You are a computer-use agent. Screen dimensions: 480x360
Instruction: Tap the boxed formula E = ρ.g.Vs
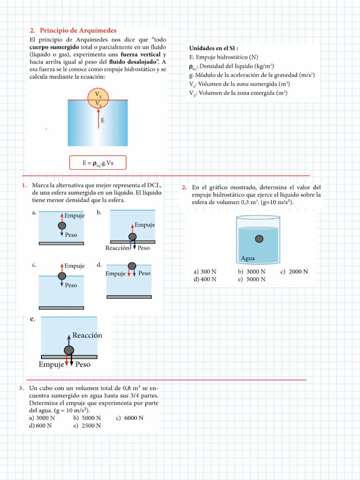point(97,163)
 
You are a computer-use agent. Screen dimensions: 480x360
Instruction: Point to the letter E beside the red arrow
point(103,120)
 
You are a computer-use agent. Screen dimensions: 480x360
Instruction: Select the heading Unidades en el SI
point(214,48)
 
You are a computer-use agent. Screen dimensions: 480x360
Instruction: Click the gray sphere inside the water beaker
point(259,239)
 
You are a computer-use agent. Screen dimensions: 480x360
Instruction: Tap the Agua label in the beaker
point(247,258)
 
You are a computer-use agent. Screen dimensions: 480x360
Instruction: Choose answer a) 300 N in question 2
point(205,271)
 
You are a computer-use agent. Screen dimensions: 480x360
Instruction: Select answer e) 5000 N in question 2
point(252,279)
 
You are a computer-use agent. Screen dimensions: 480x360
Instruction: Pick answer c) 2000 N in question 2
point(294,271)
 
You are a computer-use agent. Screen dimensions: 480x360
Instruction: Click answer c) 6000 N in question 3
point(129,418)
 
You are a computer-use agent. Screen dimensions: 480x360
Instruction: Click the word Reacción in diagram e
point(87,336)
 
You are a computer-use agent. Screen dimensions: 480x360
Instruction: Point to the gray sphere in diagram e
point(69,350)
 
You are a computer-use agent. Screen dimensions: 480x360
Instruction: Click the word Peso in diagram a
point(71,235)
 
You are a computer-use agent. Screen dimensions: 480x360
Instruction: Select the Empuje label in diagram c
point(75,266)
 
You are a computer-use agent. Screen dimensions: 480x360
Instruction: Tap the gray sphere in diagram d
point(132,266)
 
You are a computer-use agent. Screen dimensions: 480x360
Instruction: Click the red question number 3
point(22,388)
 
